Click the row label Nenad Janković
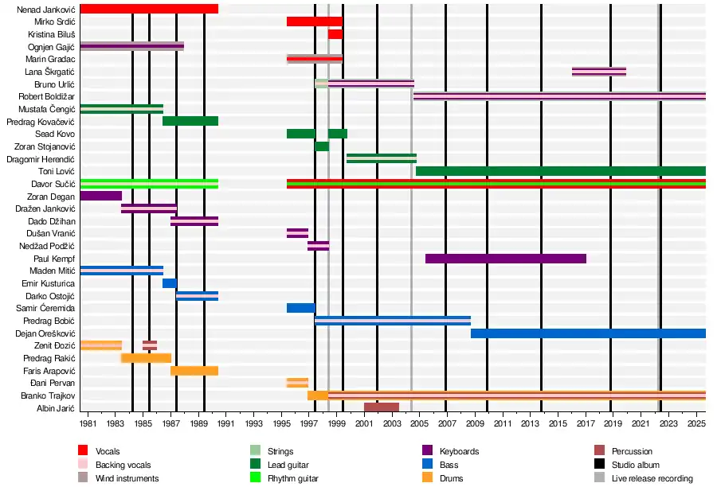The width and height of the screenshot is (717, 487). pos(47,9)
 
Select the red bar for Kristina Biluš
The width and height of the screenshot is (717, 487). pos(335,34)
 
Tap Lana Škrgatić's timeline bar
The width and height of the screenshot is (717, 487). pos(598,72)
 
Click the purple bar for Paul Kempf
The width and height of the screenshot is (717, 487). pos(505,259)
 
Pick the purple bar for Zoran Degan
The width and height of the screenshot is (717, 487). pos(100,196)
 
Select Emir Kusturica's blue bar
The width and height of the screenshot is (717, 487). pos(169,283)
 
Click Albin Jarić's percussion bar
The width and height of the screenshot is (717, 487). pos(381,407)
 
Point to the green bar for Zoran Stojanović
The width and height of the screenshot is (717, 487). pos(321,146)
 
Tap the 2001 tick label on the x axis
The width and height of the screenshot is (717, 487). pos(364,426)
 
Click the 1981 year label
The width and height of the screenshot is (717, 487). pos(88,426)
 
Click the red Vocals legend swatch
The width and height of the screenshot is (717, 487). pos(84,452)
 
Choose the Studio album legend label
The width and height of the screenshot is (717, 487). pos(636,465)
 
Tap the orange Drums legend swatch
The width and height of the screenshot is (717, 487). pos(428,478)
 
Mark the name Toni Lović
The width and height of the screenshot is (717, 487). pos(57,171)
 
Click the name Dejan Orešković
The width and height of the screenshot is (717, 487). pos(45,333)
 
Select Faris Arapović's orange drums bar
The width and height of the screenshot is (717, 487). pos(194,371)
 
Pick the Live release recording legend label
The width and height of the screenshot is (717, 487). pos(652,478)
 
